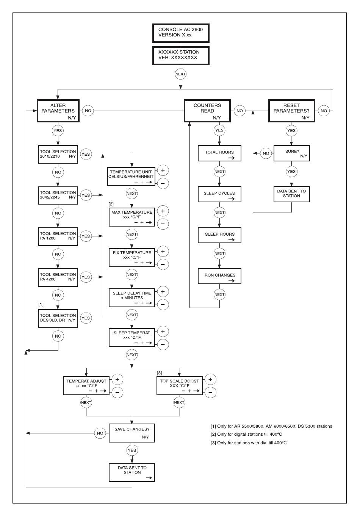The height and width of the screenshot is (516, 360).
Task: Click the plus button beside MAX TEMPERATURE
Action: pyautogui.click(x=163, y=211)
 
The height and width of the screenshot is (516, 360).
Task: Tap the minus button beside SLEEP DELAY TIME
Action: pyautogui.click(x=163, y=305)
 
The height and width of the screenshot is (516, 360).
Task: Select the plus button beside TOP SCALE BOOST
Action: pyautogui.click(x=210, y=379)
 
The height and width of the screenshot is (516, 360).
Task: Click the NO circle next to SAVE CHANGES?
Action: pyautogui.click(x=100, y=433)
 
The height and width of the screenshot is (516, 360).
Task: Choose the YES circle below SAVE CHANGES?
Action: pyautogui.click(x=132, y=450)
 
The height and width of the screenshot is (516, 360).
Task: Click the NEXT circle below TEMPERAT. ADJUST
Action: pyautogui.click(x=86, y=402)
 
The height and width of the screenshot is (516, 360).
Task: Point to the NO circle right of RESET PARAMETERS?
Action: pyautogui.click(x=324, y=111)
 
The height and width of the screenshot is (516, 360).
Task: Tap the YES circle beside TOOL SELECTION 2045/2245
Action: pyautogui.click(x=86, y=195)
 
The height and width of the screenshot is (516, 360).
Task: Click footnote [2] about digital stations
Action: pyautogui.click(x=246, y=434)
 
